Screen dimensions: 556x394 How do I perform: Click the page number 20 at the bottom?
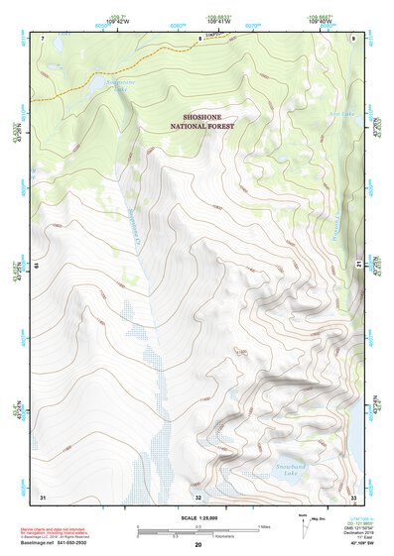coord(198,545)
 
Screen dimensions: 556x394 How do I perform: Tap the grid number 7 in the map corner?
coord(43,38)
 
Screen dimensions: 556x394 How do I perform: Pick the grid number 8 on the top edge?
coord(198,38)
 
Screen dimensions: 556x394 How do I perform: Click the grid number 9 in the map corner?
coord(353,38)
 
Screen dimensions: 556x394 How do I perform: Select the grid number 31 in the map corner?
coord(43,496)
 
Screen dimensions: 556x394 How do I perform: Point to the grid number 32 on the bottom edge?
coord(198,497)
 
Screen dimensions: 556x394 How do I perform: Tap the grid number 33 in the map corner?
coord(353,496)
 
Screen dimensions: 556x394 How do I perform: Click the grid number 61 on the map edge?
coord(38,266)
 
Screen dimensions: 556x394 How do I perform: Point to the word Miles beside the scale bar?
coord(263,526)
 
